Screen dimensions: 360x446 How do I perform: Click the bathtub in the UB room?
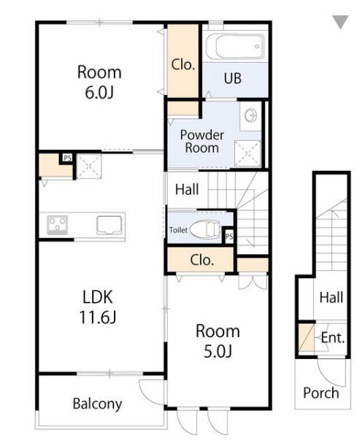point(235,47)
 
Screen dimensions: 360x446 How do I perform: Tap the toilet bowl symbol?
point(206,230)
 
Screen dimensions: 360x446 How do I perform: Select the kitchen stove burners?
point(58,225)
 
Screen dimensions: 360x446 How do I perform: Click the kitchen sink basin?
point(110,225)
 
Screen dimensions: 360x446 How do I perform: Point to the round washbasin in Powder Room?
point(250,116)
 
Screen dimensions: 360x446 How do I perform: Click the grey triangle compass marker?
point(340,22)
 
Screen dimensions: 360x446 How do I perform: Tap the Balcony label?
point(97,404)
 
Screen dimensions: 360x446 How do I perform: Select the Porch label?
point(321,393)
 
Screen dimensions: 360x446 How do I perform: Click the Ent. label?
point(332,338)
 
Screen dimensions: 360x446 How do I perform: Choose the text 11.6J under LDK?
point(98,317)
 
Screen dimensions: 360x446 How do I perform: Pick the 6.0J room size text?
point(99,92)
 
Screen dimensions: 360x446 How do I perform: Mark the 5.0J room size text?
point(218,351)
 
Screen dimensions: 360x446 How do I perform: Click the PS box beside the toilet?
point(229,236)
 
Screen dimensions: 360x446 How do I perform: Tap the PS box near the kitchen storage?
point(67,158)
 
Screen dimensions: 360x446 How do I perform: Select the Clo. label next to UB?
point(183,64)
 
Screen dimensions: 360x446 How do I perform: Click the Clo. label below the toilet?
point(202,260)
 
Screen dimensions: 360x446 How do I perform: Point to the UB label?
point(233,79)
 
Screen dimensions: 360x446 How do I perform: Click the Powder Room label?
point(202,142)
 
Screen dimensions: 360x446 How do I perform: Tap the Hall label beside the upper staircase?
point(187,190)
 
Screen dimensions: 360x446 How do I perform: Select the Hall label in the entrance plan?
point(332,298)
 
